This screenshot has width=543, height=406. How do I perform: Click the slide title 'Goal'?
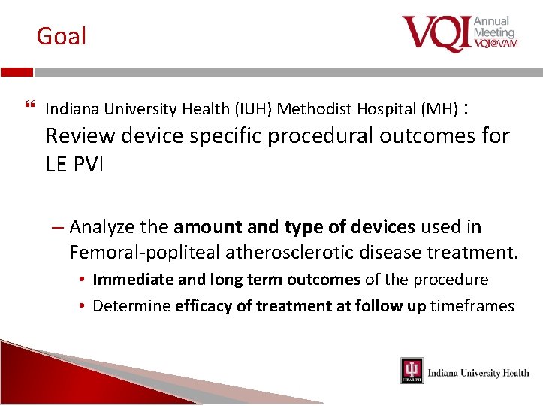pos(62,36)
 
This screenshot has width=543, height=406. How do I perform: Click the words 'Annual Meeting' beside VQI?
pos(494,26)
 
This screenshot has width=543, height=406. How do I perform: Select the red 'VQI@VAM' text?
pos(496,44)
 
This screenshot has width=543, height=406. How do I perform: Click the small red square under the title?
pos(17,72)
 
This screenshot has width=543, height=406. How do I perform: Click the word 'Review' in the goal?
pos(80,136)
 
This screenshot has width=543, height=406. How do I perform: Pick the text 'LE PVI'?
pos(74,164)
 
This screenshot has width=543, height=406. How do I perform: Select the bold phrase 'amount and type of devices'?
pos(294,227)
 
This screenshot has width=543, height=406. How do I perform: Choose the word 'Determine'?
pos(131,306)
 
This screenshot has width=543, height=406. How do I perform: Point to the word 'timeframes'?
pos(472,306)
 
